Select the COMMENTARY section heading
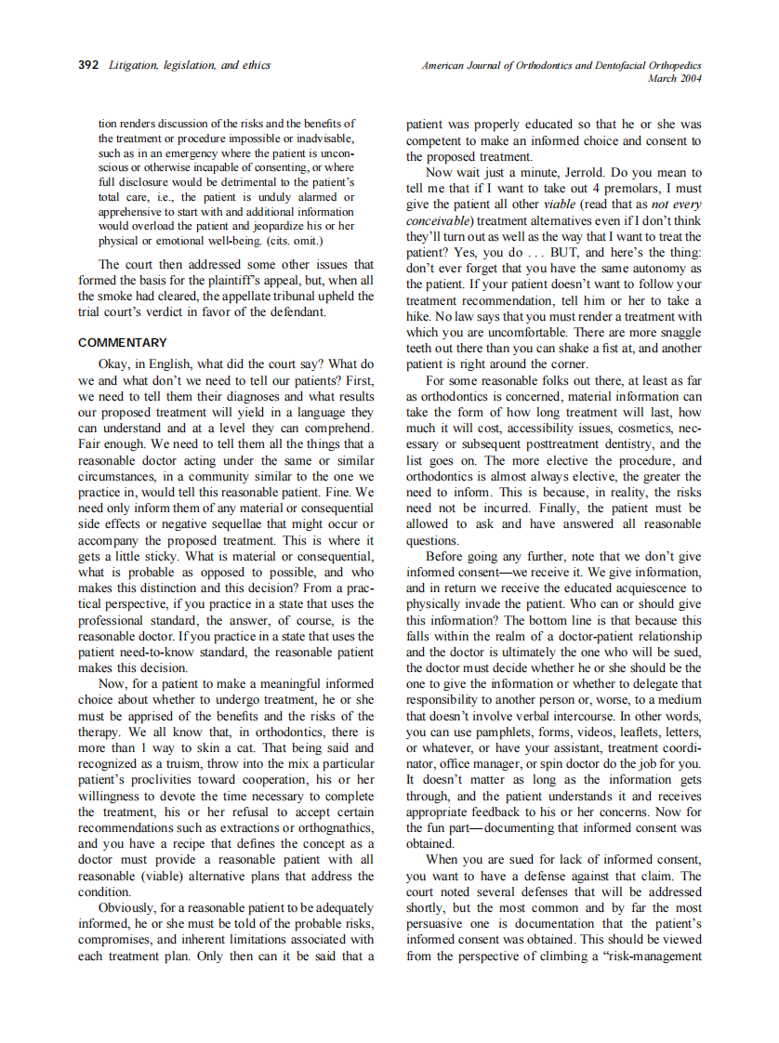tap(123, 342)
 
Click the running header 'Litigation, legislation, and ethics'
tap(190, 65)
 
